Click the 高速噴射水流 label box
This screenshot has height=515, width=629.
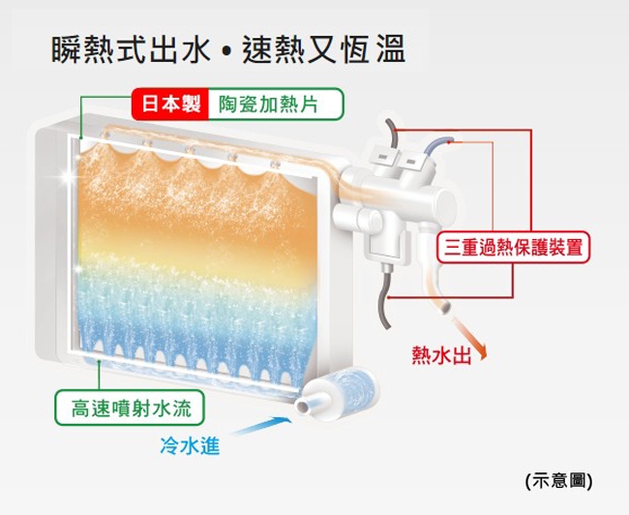(130, 408)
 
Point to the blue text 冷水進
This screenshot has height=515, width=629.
(189, 446)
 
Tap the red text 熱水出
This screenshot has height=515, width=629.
(441, 355)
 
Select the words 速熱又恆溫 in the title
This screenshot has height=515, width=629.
(321, 49)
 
